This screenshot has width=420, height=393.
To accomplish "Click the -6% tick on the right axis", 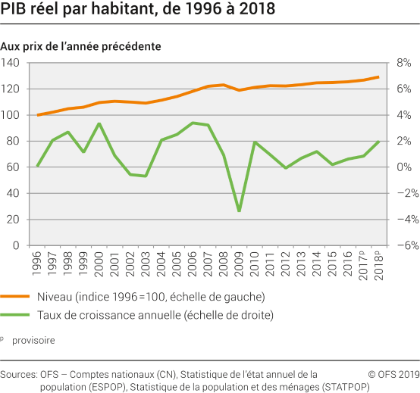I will point(403,245).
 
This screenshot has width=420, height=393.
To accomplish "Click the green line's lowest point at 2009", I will point(239,211).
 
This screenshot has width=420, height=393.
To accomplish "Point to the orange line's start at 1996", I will point(38,115).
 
